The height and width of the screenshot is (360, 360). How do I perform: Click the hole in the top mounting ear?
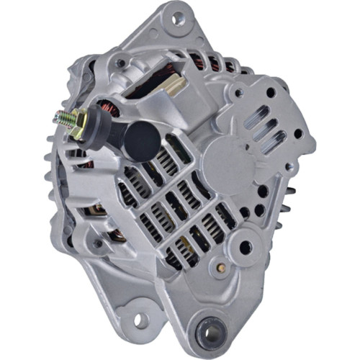(176, 17)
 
